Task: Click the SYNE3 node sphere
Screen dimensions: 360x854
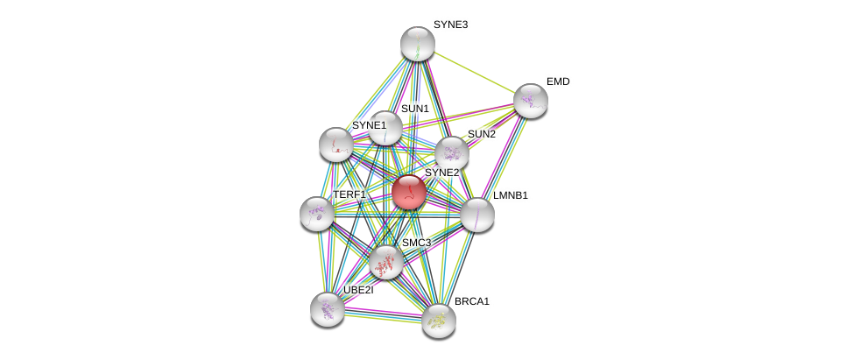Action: (418, 44)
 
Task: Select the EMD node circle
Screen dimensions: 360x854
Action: (531, 101)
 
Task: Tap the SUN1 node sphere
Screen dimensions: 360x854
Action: (385, 129)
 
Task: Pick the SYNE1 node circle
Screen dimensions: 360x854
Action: (335, 145)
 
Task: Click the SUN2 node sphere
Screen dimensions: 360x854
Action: (452, 153)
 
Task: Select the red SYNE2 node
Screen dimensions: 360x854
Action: (409, 193)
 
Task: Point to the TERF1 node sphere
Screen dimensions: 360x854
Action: (317, 214)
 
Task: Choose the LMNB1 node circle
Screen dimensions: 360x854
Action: (476, 215)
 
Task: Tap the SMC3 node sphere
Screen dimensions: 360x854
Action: (385, 261)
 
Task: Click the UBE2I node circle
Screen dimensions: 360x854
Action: (328, 308)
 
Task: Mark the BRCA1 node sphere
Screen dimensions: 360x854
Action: (439, 321)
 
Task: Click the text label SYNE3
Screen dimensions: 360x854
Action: (450, 25)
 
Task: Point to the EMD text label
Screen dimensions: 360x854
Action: (558, 81)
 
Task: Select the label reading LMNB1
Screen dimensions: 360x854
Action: (510, 195)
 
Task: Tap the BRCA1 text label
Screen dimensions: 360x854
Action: (471, 301)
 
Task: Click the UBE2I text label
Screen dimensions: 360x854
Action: (358, 290)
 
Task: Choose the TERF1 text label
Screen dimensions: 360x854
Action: (349, 194)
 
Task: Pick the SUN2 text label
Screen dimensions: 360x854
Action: (481, 134)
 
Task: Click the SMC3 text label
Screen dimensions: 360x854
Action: (416, 243)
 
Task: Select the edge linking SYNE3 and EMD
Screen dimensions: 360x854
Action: (474, 72)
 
